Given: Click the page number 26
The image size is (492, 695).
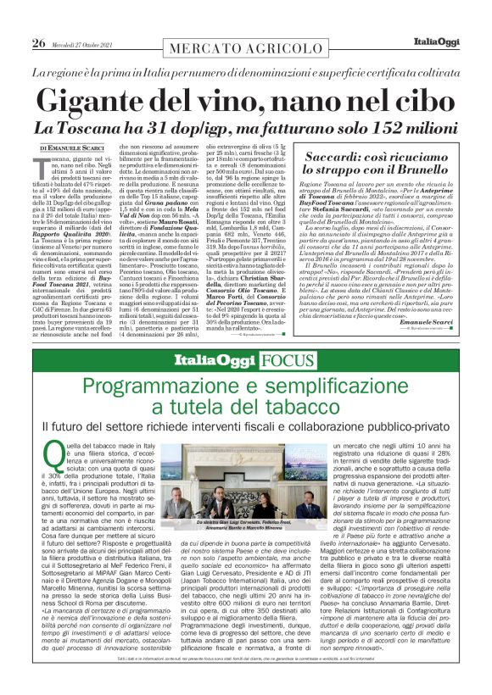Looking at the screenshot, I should pyautogui.click(x=38, y=43).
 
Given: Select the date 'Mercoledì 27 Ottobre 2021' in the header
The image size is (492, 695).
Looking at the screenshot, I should pyautogui.click(x=85, y=44).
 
